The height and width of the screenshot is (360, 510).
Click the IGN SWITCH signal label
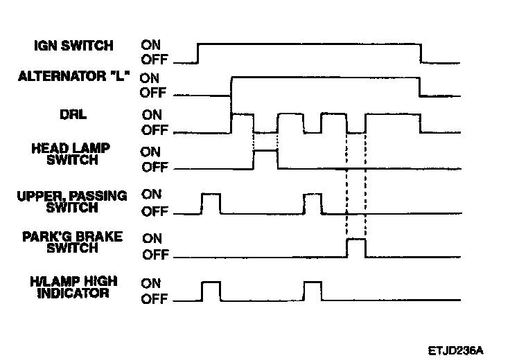tap(73, 47)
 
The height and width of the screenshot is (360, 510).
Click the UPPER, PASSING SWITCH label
tap(72, 201)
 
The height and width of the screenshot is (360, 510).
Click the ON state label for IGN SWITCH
tap(151, 46)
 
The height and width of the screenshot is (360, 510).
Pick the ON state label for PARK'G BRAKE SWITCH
tap(152, 238)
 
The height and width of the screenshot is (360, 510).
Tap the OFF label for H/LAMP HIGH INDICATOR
tap(154, 300)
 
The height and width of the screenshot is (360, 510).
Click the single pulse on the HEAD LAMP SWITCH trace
tap(265, 159)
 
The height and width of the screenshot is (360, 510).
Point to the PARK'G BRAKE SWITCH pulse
tap(355, 247)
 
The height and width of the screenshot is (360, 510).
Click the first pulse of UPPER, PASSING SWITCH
tap(211, 204)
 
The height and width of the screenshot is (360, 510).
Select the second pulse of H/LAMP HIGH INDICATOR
tap(313, 291)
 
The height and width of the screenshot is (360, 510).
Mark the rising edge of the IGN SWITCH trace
tap(198, 53)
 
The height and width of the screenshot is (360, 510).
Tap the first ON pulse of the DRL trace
tap(243, 122)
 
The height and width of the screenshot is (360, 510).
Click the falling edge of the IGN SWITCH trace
tap(421, 53)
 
